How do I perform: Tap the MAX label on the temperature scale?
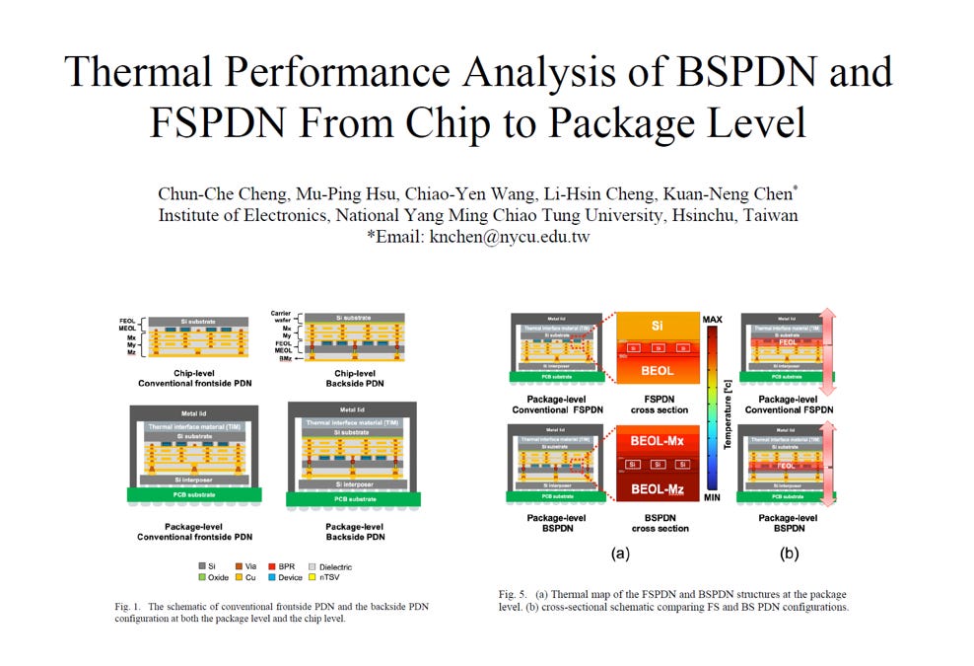(713, 320)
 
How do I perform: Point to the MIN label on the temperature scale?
(713, 497)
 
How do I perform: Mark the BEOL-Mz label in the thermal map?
(658, 488)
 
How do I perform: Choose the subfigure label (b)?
(789, 554)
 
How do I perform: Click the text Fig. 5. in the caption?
(513, 594)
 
